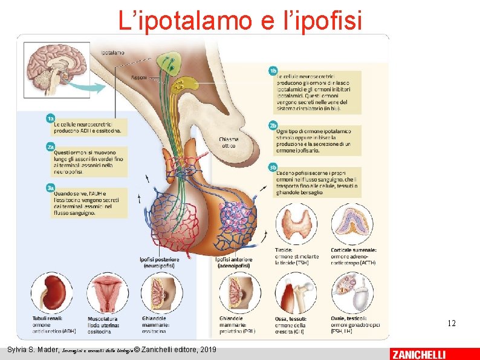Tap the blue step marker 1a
pyautogui.click(x=51, y=118)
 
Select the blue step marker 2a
pyautogui.click(x=51, y=146)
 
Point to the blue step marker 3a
pyautogui.click(x=51, y=188)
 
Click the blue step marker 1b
pyautogui.click(x=273, y=71)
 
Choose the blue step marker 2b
pyautogui.click(x=273, y=125)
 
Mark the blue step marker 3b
pyautogui.click(x=273, y=167)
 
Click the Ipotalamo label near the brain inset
pyautogui.click(x=113, y=53)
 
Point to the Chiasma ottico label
pyautogui.click(x=229, y=142)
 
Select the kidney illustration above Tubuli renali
pyautogui.click(x=52, y=293)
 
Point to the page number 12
pyautogui.click(x=452, y=324)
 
